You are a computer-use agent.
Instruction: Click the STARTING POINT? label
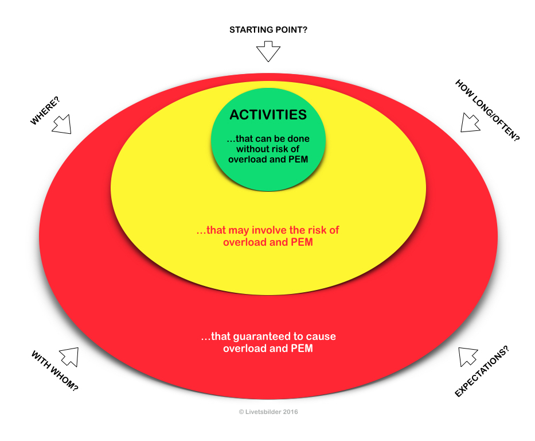point(268,30)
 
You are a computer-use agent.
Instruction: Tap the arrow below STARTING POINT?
point(268,52)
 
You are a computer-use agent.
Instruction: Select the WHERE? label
point(45,111)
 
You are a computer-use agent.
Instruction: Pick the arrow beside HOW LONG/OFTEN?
point(471,123)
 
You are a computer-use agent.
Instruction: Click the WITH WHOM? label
point(54,371)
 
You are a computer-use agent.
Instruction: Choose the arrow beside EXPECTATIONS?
point(468,357)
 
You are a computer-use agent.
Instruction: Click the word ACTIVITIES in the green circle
point(268,115)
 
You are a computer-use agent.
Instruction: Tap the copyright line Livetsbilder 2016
point(268,412)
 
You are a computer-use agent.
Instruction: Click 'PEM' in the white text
point(302,348)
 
